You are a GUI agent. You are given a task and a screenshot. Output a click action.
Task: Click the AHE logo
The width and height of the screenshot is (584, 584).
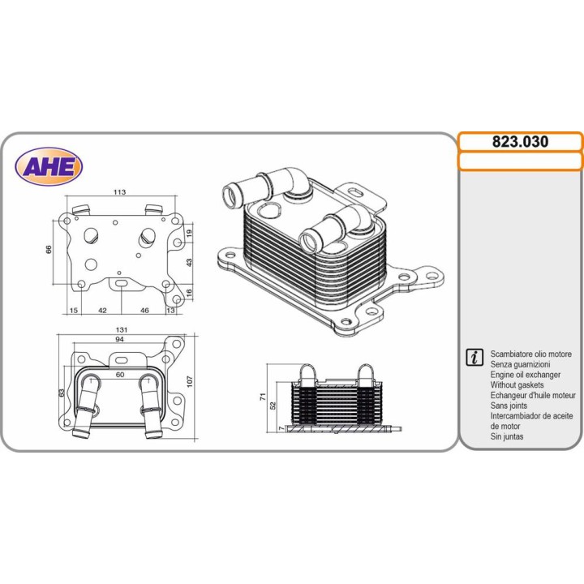coord(49,166)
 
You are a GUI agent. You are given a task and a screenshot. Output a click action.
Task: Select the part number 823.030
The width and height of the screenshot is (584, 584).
coord(520,141)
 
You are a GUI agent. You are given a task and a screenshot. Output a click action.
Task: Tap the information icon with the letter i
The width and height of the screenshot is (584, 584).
coord(474,357)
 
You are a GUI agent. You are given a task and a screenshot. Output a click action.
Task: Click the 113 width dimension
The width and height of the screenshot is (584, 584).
coord(119,192)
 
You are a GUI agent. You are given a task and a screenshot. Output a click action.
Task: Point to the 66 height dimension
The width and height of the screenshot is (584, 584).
coord(49,250)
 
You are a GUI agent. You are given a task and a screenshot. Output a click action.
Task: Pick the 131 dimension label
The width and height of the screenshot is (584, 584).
coord(122,329)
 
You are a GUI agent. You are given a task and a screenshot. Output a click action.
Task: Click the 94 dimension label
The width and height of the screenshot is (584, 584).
coord(119,339)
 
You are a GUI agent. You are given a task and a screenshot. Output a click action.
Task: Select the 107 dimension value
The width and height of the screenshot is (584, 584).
coord(190,381)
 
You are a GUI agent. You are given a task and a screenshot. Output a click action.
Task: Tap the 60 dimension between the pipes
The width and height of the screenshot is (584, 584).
coord(120,375)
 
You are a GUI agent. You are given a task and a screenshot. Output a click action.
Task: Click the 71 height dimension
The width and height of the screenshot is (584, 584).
coord(262,397)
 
